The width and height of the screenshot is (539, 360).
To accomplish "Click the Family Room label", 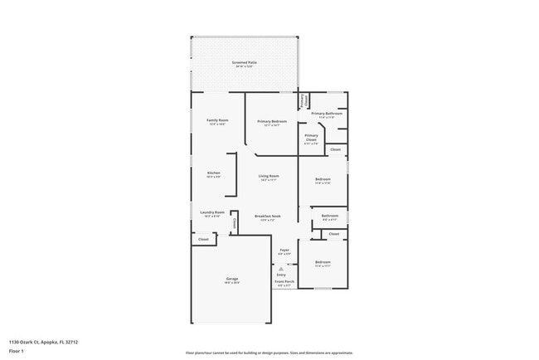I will (x=217, y=121).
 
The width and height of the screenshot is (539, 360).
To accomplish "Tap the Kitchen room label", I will (x=213, y=173).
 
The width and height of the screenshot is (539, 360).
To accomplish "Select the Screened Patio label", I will (x=243, y=62).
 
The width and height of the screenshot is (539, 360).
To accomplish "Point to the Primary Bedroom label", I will (x=271, y=121).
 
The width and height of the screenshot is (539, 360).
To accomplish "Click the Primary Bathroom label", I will (x=323, y=114).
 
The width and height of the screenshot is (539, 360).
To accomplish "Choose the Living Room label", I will (x=268, y=176).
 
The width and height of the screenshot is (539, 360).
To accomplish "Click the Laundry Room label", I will (x=213, y=212).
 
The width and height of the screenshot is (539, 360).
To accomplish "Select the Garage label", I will (x=231, y=279).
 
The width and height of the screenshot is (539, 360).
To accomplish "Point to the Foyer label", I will (x=284, y=250).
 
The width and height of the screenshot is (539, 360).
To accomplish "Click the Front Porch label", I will (x=284, y=282).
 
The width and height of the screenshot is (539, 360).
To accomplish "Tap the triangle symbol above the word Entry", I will (x=281, y=269).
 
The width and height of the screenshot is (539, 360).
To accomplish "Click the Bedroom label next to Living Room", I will (x=323, y=179).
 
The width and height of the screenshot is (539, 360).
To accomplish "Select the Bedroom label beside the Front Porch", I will (x=323, y=262).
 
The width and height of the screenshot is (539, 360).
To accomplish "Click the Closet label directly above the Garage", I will (x=203, y=239).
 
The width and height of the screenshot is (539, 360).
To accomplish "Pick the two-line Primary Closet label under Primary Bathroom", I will (x=311, y=138).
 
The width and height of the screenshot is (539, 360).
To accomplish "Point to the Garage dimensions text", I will (x=231, y=283).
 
